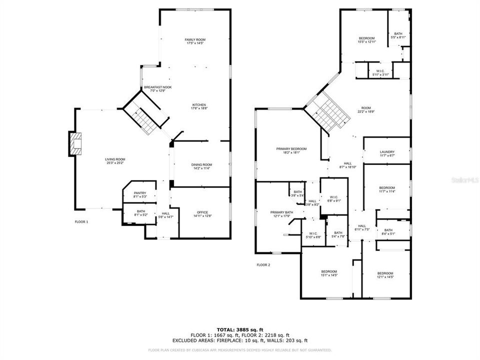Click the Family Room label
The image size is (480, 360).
195,39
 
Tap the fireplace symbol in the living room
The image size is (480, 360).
75,143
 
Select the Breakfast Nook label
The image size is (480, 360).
157,87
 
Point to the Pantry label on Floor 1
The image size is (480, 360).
139,193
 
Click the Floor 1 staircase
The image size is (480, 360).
144,117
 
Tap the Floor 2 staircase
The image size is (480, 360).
327,112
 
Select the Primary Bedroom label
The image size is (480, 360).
291,149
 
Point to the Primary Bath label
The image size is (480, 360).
281,212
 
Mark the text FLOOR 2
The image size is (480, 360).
263,265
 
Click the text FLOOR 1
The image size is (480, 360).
81,221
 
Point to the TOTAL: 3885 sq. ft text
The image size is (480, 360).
239,329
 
